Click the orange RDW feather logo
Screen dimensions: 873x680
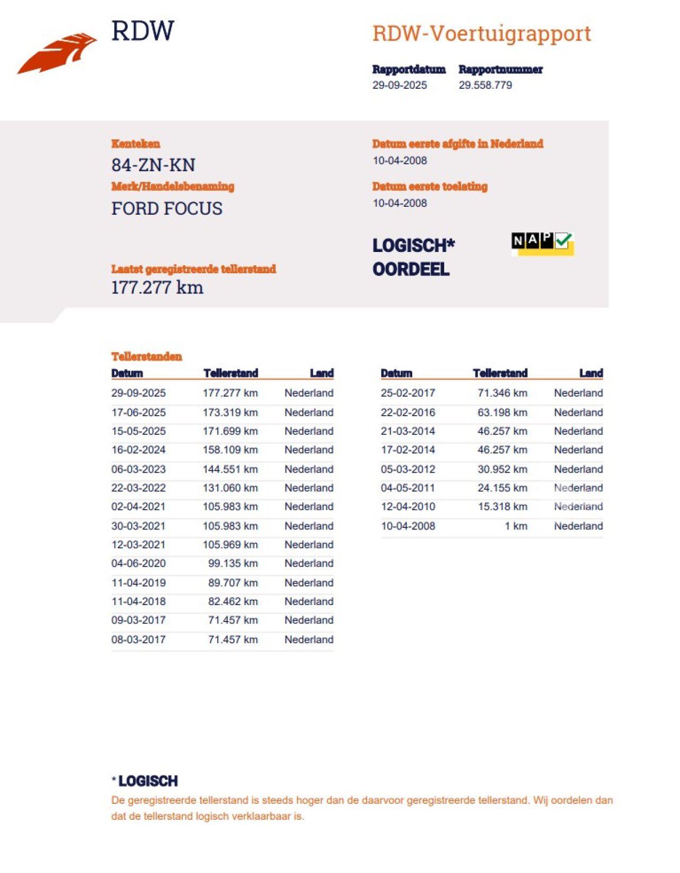tap(57, 53)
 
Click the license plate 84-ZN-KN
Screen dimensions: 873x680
tap(153, 165)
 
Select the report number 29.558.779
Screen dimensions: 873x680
tap(485, 85)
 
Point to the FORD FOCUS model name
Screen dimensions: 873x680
tap(167, 208)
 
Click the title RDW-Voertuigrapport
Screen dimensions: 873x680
tap(481, 33)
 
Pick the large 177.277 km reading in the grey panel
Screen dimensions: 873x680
tap(157, 288)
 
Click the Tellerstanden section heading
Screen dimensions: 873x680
tap(147, 357)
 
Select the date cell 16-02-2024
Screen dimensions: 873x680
tap(139, 450)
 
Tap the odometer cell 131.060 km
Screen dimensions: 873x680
tap(230, 488)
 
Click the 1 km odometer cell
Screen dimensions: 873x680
tap(516, 526)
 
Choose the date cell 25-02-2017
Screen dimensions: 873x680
tap(407, 393)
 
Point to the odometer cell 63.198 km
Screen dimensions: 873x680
tap(502, 413)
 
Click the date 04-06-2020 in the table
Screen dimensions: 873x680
tap(139, 564)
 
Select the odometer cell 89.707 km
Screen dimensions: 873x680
tap(233, 583)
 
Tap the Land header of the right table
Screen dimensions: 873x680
tap(591, 373)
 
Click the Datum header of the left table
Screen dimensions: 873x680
tap(127, 373)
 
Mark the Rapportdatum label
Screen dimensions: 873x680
tap(409, 70)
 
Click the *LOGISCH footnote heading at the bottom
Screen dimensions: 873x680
tap(145, 781)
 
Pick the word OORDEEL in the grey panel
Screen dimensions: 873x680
tap(411, 270)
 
